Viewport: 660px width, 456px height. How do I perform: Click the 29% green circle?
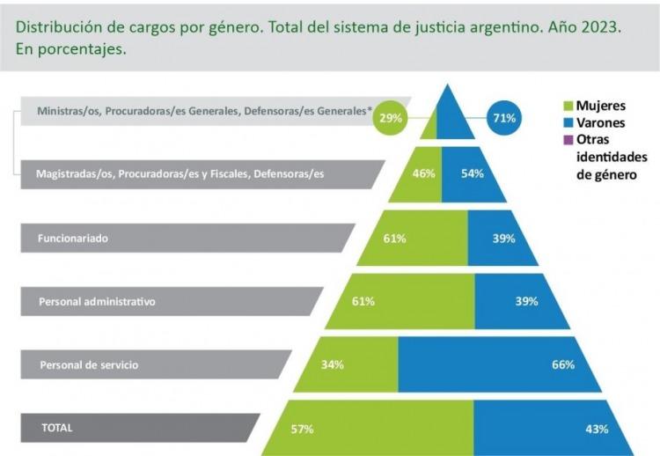click(390, 117)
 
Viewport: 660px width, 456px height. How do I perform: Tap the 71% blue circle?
click(504, 117)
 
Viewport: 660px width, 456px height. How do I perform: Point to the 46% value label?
click(424, 173)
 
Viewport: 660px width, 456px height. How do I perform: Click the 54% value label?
click(473, 173)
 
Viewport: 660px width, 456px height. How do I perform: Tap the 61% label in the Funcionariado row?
click(394, 238)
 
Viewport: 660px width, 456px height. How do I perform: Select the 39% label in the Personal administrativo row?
click(527, 301)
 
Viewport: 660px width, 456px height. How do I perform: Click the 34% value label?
click(332, 364)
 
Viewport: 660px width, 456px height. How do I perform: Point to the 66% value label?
click(562, 364)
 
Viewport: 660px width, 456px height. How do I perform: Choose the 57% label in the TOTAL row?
click(302, 429)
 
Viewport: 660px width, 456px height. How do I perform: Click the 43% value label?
click(597, 429)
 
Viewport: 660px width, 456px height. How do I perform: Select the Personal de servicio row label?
click(88, 364)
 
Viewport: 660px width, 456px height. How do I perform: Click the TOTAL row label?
click(57, 428)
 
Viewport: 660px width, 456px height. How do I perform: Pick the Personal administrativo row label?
click(97, 301)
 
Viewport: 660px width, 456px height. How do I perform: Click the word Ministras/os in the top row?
click(67, 111)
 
